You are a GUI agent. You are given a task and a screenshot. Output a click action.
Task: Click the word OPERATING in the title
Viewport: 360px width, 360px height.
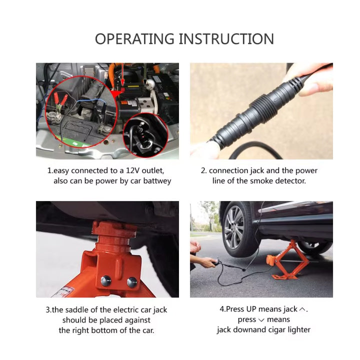coord(134,39)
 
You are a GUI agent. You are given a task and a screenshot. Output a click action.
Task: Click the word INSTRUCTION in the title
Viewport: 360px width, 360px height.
coord(226,39)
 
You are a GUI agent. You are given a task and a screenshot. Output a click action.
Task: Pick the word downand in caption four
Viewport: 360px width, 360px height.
coord(250,329)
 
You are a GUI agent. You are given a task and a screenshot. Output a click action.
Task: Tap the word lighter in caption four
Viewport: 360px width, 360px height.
coord(299,330)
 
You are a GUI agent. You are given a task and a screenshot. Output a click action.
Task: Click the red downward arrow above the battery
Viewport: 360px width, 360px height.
coord(123,74)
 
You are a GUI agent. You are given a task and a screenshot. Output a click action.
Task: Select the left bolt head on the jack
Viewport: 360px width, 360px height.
coord(106,280)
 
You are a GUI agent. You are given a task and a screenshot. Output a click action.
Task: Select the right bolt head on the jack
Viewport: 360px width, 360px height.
coord(132,282)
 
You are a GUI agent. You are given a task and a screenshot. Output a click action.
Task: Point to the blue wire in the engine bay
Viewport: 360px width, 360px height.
coord(90,100)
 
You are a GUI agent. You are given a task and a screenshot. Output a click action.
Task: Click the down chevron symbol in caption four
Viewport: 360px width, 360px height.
coord(261,320)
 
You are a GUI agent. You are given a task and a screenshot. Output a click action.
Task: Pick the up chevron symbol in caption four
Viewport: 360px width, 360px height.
coord(302,309)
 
